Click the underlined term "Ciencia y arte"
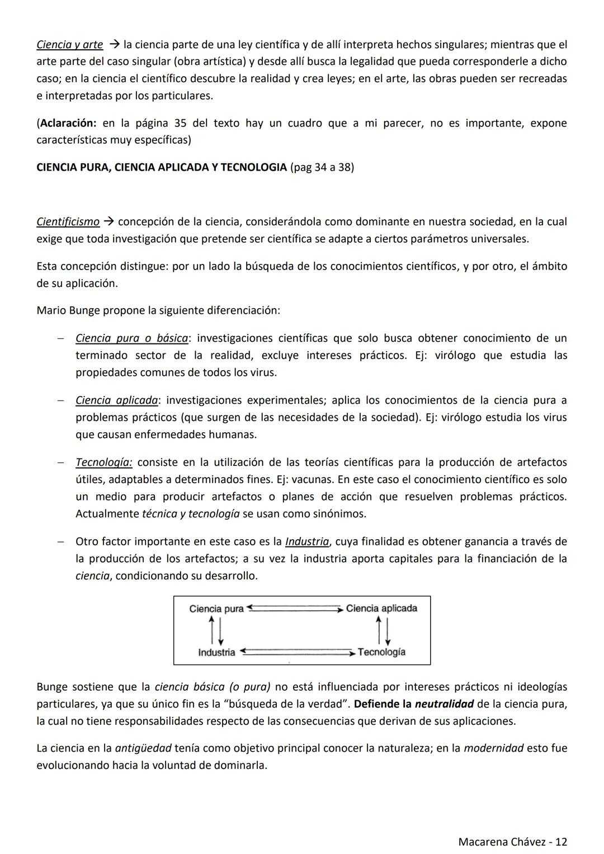(69, 45)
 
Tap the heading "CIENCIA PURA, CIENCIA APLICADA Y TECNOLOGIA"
(161, 167)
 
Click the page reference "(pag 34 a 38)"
(322, 167)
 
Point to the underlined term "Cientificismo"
(68, 222)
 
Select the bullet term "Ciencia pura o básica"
(131, 338)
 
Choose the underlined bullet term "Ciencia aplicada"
(117, 400)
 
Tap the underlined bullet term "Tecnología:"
(104, 463)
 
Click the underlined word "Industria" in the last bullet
(307, 542)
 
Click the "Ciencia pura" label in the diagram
(216, 608)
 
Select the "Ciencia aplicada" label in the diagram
(381, 608)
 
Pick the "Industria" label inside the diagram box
(216, 652)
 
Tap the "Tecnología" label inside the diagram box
(381, 652)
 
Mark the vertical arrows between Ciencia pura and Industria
(216, 630)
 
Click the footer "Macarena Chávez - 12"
(512, 842)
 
